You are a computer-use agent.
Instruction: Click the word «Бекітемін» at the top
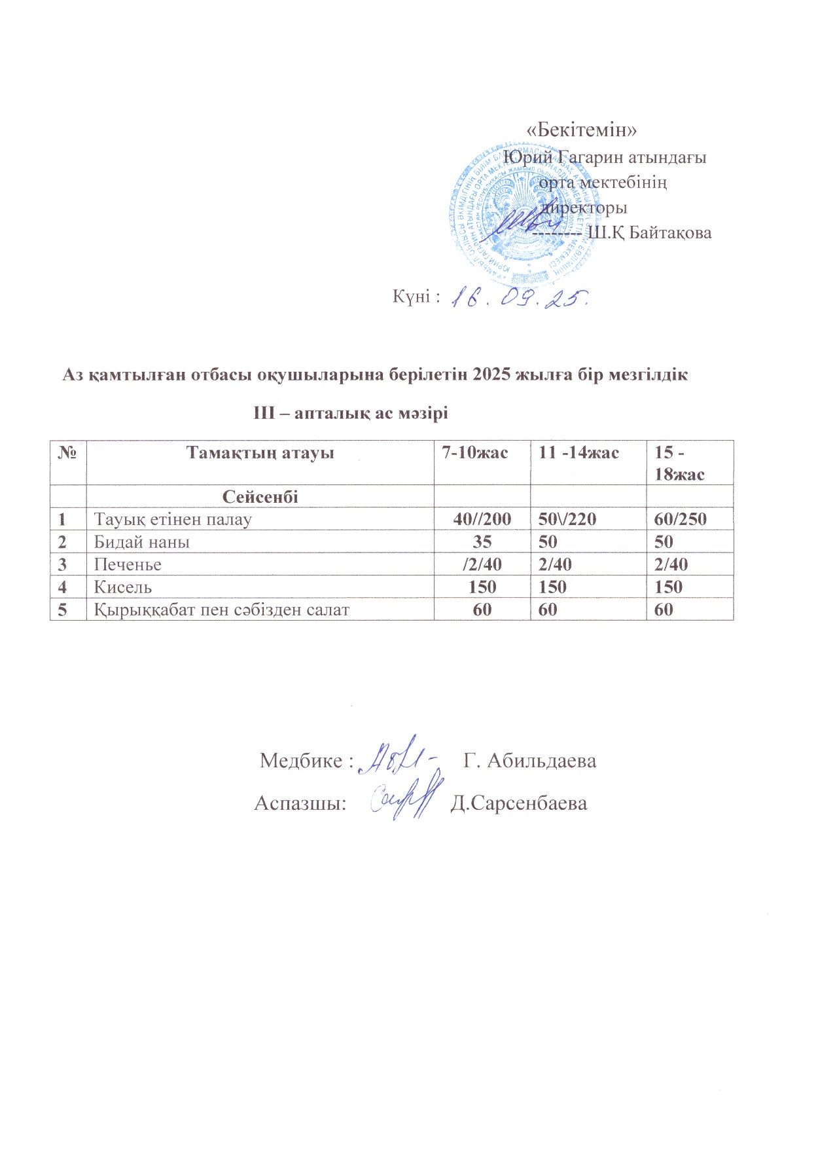click(582, 130)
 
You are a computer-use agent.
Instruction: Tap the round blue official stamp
click(517, 210)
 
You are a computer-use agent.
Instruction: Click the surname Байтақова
click(670, 232)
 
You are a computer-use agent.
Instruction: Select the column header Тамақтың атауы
click(260, 453)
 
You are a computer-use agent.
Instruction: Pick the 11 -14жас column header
click(578, 452)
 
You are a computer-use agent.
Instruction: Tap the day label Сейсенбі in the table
click(260, 497)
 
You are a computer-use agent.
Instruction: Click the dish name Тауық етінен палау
click(173, 520)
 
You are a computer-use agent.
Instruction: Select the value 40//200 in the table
click(482, 520)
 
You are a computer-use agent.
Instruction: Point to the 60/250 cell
click(681, 520)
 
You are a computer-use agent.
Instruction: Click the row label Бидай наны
click(142, 542)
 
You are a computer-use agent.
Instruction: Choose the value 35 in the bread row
click(482, 542)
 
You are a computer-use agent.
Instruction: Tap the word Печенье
click(128, 564)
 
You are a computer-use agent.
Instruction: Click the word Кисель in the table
click(123, 587)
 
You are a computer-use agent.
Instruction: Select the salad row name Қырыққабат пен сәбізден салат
click(222, 610)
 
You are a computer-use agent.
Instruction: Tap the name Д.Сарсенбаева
click(519, 803)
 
